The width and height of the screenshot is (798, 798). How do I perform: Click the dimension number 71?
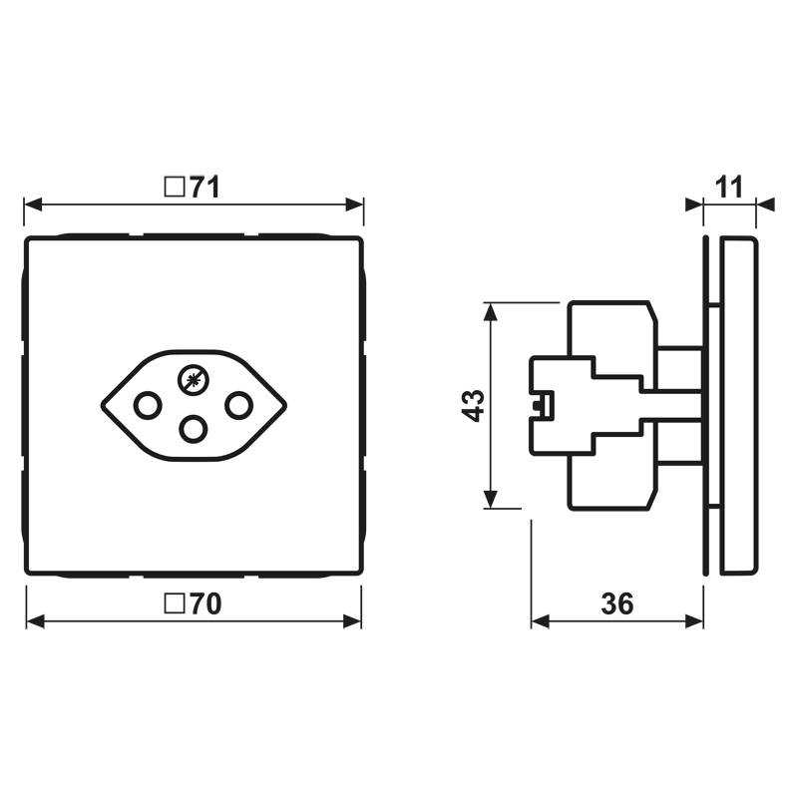pyautogui.click(x=204, y=187)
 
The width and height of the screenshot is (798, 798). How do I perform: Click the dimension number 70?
pyautogui.click(x=204, y=603)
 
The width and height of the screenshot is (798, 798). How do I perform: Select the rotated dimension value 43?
pyautogui.click(x=475, y=405)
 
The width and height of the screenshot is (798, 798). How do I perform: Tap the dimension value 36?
pyautogui.click(x=617, y=603)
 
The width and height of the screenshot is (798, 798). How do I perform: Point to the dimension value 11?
pyautogui.click(x=730, y=187)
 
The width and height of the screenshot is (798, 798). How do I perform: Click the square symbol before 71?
pyautogui.click(x=174, y=187)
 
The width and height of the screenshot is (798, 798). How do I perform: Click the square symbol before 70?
pyautogui.click(x=174, y=603)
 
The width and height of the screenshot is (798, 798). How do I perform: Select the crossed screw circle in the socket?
pyautogui.click(x=193, y=378)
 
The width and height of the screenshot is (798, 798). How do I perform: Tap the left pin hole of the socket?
pyautogui.click(x=147, y=406)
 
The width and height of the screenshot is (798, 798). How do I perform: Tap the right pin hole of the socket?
pyautogui.click(x=237, y=406)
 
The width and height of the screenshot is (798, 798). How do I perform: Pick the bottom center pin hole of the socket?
pyautogui.click(x=193, y=429)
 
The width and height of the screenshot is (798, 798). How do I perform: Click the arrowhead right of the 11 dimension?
pyautogui.click(x=766, y=204)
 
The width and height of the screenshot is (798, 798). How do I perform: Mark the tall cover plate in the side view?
pyautogui.click(x=737, y=405)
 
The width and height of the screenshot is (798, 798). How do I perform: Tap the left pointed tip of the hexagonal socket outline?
pyautogui.click(x=103, y=406)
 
